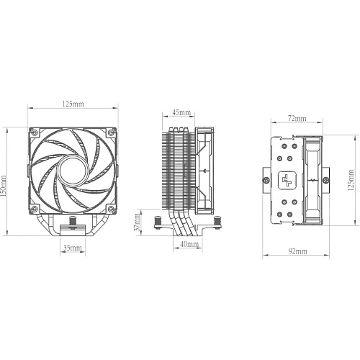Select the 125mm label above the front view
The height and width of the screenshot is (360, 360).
(73, 104)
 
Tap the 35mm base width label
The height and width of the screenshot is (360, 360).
(73, 248)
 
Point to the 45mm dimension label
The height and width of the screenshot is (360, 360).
(181, 112)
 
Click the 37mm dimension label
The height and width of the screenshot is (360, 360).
(138, 222)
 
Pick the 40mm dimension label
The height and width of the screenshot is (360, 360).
(189, 244)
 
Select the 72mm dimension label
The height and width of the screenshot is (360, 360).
(297, 118)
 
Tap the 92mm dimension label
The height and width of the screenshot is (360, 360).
(297, 251)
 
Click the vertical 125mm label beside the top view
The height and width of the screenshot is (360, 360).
(351, 180)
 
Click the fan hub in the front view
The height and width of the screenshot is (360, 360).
(71, 171)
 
